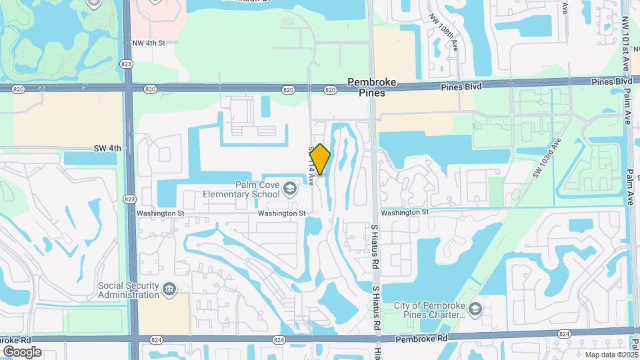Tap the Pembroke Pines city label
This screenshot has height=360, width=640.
point(371,87)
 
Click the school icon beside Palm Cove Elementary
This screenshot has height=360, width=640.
point(290,189)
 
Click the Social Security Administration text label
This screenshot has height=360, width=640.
point(129,291)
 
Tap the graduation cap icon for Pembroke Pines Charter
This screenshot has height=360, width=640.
point(475,308)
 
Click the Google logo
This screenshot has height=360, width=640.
point(22,352)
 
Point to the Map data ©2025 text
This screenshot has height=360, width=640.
point(611,355)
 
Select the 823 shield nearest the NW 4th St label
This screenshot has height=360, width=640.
point(127,63)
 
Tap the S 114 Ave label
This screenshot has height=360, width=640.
point(311,165)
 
